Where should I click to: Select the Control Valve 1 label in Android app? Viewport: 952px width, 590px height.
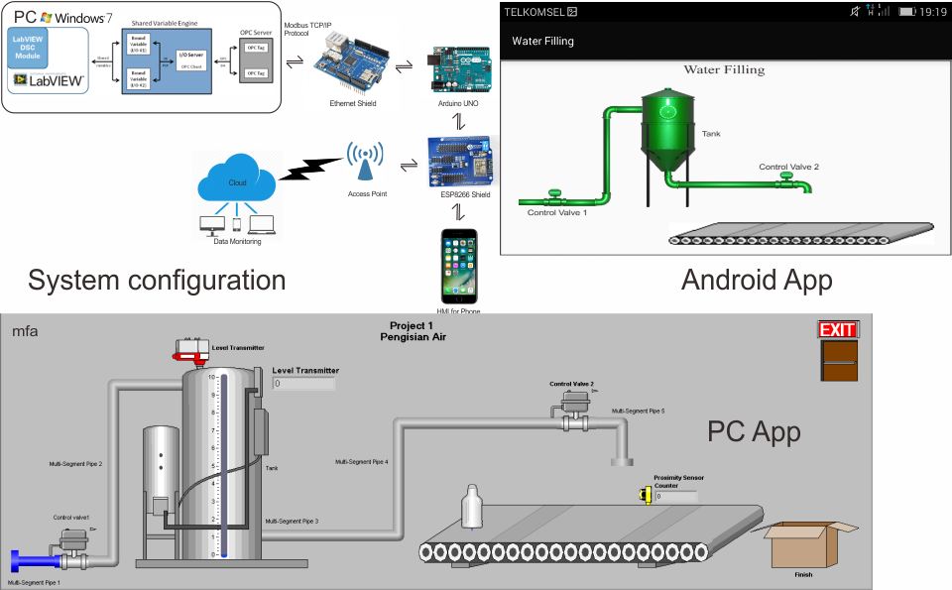[x=556, y=212]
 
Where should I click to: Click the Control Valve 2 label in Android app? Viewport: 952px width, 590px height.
[x=788, y=167]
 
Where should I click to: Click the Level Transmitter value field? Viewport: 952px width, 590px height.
[x=303, y=383]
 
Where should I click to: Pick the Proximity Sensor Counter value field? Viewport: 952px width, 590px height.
[x=675, y=496]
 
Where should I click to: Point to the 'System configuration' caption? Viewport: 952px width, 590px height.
[x=157, y=280]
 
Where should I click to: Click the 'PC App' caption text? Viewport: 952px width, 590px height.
[x=754, y=431]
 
